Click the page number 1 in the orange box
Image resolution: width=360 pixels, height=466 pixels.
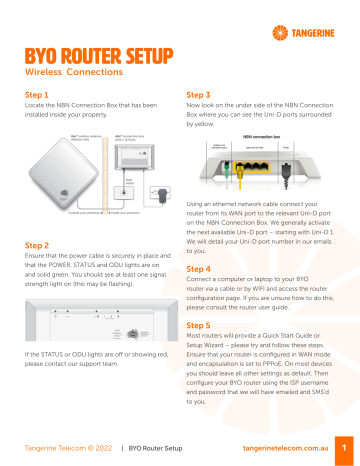coord(343,447)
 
